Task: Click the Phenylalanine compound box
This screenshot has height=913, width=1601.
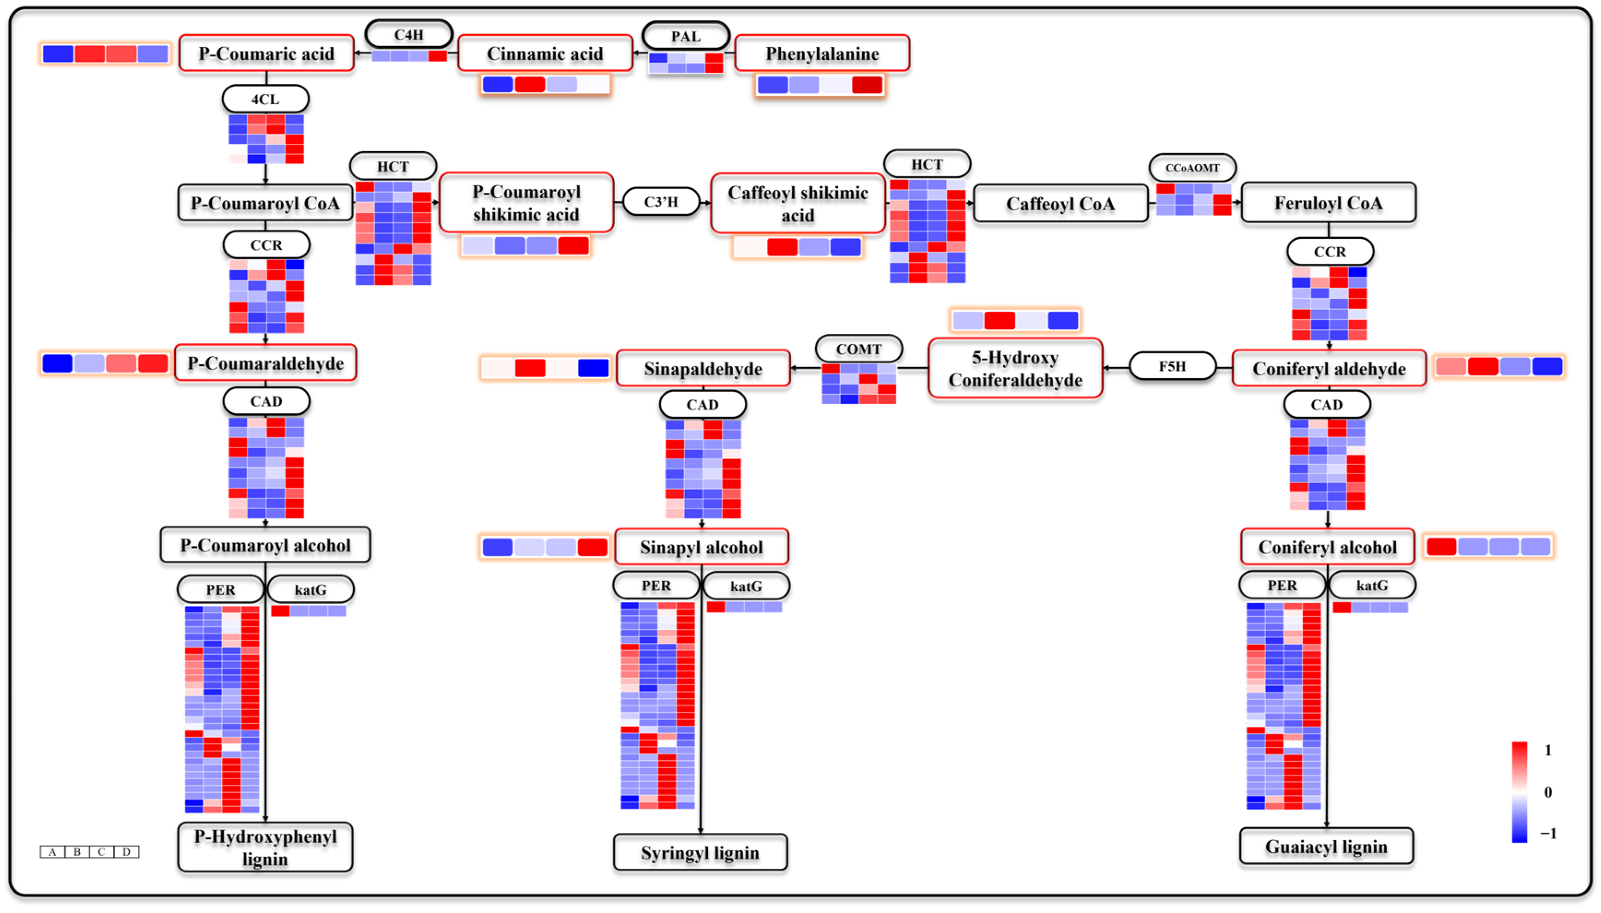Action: pyautogui.click(x=822, y=53)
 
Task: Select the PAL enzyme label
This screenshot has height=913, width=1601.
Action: pyautogui.click(x=686, y=36)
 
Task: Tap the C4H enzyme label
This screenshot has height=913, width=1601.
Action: pyautogui.click(x=409, y=35)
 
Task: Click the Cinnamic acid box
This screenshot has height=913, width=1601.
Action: pyautogui.click(x=545, y=53)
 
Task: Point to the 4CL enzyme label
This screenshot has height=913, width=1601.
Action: pyautogui.click(x=265, y=99)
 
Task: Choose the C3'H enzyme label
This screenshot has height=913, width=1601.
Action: pyautogui.click(x=661, y=202)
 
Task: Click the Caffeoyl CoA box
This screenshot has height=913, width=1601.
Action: pyautogui.click(x=1060, y=204)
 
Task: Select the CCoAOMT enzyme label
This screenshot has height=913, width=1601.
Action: pyautogui.click(x=1192, y=167)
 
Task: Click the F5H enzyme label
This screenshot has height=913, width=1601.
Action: pyautogui.click(x=1172, y=366)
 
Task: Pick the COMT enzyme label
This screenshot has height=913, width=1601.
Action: pyautogui.click(x=859, y=349)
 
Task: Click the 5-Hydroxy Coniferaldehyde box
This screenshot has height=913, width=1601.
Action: pyautogui.click(x=1015, y=369)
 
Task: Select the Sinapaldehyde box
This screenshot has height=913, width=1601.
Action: pyautogui.click(x=703, y=369)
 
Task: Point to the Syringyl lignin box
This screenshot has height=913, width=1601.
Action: pyautogui.click(x=700, y=853)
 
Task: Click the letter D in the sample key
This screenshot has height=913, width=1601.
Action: pyautogui.click(x=127, y=852)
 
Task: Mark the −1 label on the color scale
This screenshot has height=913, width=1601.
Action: pyautogui.click(x=1548, y=833)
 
